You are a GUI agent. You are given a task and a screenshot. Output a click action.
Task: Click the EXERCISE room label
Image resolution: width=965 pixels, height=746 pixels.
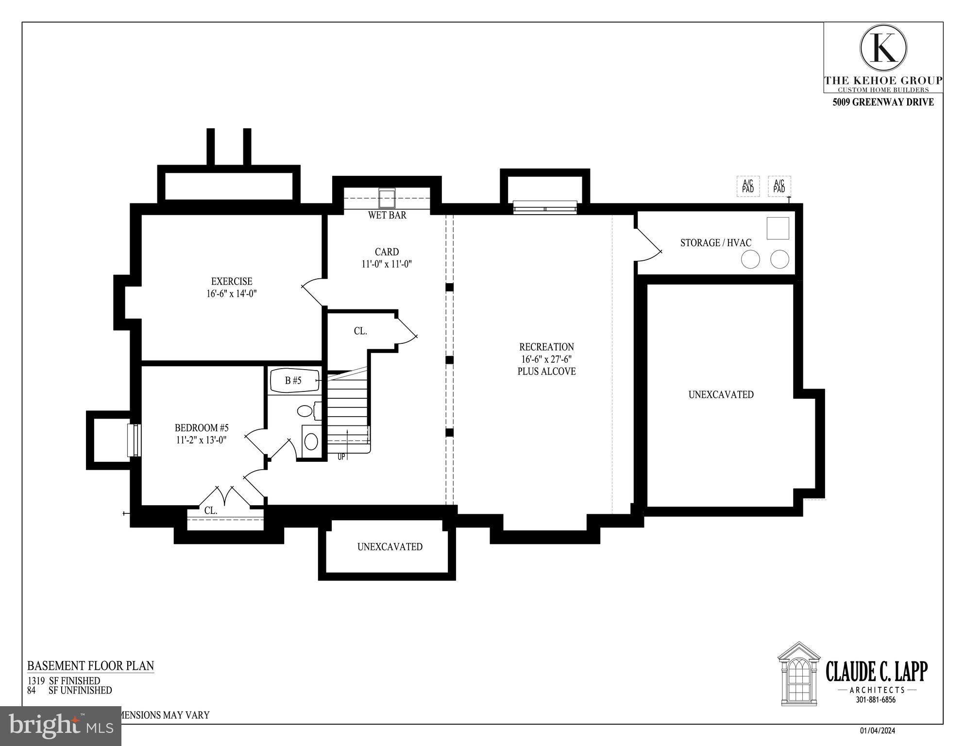click(232, 281)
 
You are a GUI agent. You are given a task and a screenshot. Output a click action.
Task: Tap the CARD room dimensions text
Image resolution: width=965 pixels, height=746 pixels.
click(387, 264)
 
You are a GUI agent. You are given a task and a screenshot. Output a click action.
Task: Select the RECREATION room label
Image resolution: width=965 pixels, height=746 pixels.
click(546, 347)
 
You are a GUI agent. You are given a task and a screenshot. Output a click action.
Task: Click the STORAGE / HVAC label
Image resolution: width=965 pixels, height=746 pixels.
click(715, 243)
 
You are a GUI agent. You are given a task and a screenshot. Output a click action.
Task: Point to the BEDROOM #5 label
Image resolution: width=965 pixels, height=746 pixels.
click(202, 428)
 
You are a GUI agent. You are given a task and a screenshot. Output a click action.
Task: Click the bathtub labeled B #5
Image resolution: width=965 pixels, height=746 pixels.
click(294, 381)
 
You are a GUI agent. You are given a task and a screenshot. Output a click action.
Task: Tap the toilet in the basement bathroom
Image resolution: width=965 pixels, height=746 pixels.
click(305, 411)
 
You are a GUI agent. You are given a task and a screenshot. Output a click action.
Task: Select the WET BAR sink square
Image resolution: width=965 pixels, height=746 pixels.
click(387, 199)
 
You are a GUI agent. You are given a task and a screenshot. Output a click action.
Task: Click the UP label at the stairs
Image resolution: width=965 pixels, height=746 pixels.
click(341, 457)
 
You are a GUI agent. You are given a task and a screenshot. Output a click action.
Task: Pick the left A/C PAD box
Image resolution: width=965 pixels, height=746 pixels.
click(748, 186)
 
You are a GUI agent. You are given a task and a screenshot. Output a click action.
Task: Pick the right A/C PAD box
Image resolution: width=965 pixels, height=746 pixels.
click(779, 186)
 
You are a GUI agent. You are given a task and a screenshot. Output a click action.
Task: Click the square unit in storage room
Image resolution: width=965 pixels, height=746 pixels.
click(778, 228)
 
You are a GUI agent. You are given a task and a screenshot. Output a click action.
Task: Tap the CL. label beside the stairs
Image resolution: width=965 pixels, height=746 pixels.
click(360, 331)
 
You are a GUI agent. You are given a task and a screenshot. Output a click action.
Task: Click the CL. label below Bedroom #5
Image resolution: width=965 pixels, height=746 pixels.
click(211, 510)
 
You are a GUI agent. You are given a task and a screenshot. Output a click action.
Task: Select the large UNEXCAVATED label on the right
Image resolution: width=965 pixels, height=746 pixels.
click(721, 395)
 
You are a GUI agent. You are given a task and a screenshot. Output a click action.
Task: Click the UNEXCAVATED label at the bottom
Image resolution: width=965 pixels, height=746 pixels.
click(389, 547)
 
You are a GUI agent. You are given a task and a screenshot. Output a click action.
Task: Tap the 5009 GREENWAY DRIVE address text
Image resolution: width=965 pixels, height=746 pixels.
click(883, 102)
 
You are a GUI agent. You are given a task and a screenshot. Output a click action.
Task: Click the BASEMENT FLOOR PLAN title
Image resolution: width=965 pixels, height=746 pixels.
click(90, 665)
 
